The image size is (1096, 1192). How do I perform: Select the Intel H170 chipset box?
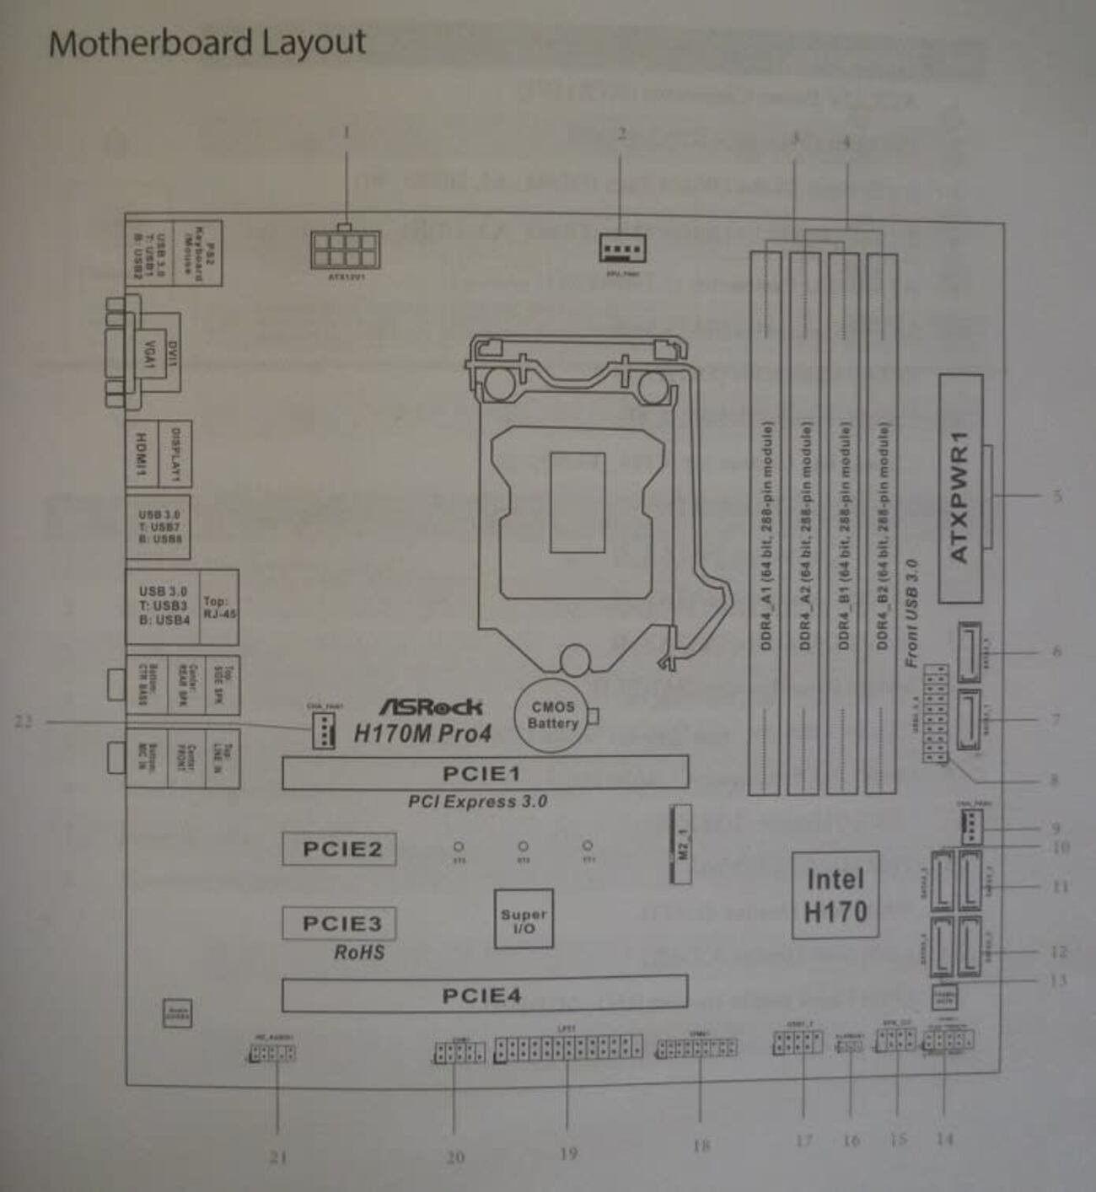(x=835, y=895)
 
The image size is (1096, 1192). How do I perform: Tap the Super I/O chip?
(x=524, y=920)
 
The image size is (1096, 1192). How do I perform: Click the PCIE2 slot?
(x=339, y=849)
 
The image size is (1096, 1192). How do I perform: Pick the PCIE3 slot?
(x=339, y=923)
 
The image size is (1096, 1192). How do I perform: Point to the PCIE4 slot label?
(x=482, y=996)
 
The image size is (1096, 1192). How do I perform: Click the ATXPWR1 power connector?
(x=960, y=489)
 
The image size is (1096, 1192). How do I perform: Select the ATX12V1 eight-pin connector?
(x=346, y=250)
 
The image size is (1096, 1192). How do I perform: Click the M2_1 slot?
(x=681, y=844)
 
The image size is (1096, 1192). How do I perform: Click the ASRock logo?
(x=431, y=706)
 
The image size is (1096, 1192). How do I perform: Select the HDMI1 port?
(x=142, y=454)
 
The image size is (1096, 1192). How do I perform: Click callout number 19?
(x=568, y=1153)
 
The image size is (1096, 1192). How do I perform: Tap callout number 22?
(x=24, y=722)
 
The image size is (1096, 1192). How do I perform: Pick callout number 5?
(x=1056, y=496)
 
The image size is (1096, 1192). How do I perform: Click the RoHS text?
(x=359, y=953)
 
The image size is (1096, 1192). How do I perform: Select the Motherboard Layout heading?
(x=207, y=42)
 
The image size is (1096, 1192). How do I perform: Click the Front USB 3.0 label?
(x=911, y=613)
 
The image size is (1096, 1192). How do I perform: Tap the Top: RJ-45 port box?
(x=219, y=607)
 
